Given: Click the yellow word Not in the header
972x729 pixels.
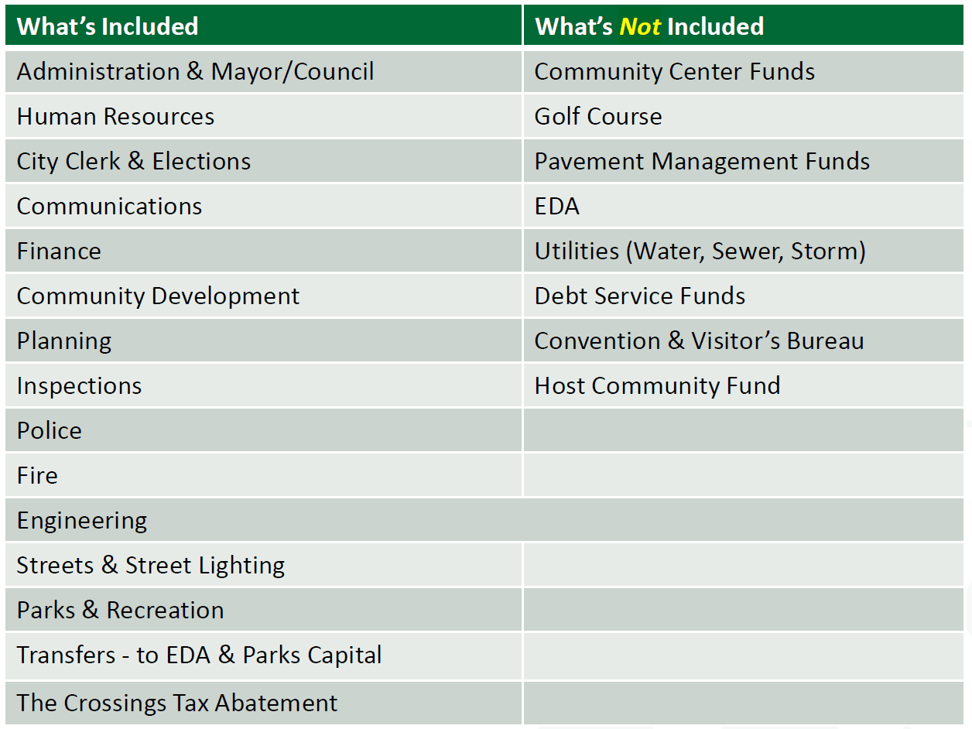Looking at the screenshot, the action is coord(640,26).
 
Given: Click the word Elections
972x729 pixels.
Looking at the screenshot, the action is coord(201,161).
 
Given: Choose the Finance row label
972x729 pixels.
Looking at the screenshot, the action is coord(59,251).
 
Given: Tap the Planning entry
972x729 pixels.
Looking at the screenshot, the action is coord(64,341).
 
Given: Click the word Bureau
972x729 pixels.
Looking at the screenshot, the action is coord(826,341).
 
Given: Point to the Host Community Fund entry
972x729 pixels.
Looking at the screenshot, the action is coord(658,386).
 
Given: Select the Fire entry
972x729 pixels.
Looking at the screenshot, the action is coord(37,475).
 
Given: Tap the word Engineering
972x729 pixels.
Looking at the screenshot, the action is coord(82,521).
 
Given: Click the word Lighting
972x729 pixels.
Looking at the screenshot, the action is coord(241,566).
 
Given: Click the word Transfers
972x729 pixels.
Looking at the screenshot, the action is coord(66,655).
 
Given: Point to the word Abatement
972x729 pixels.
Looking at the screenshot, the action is coord(276,703).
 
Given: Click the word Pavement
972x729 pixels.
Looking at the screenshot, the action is coord(589,161).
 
